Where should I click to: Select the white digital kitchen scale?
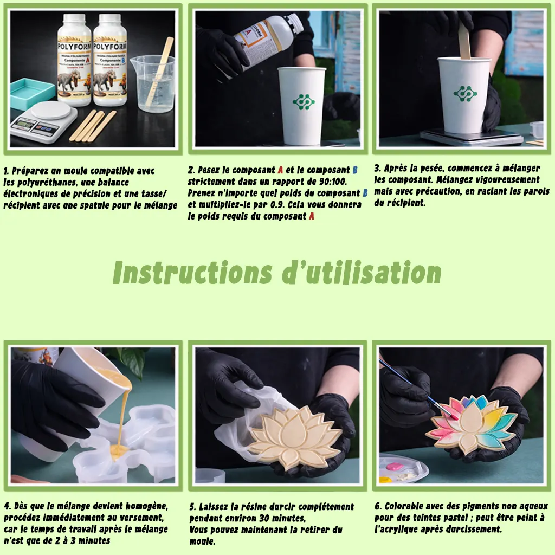(43, 121)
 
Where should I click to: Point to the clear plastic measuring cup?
(153, 83)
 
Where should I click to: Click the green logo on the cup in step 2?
(304, 101)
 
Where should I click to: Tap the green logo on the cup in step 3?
(465, 93)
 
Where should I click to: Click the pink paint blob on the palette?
(394, 467)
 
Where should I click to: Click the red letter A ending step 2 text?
(311, 216)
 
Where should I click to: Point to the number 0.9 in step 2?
(276, 204)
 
